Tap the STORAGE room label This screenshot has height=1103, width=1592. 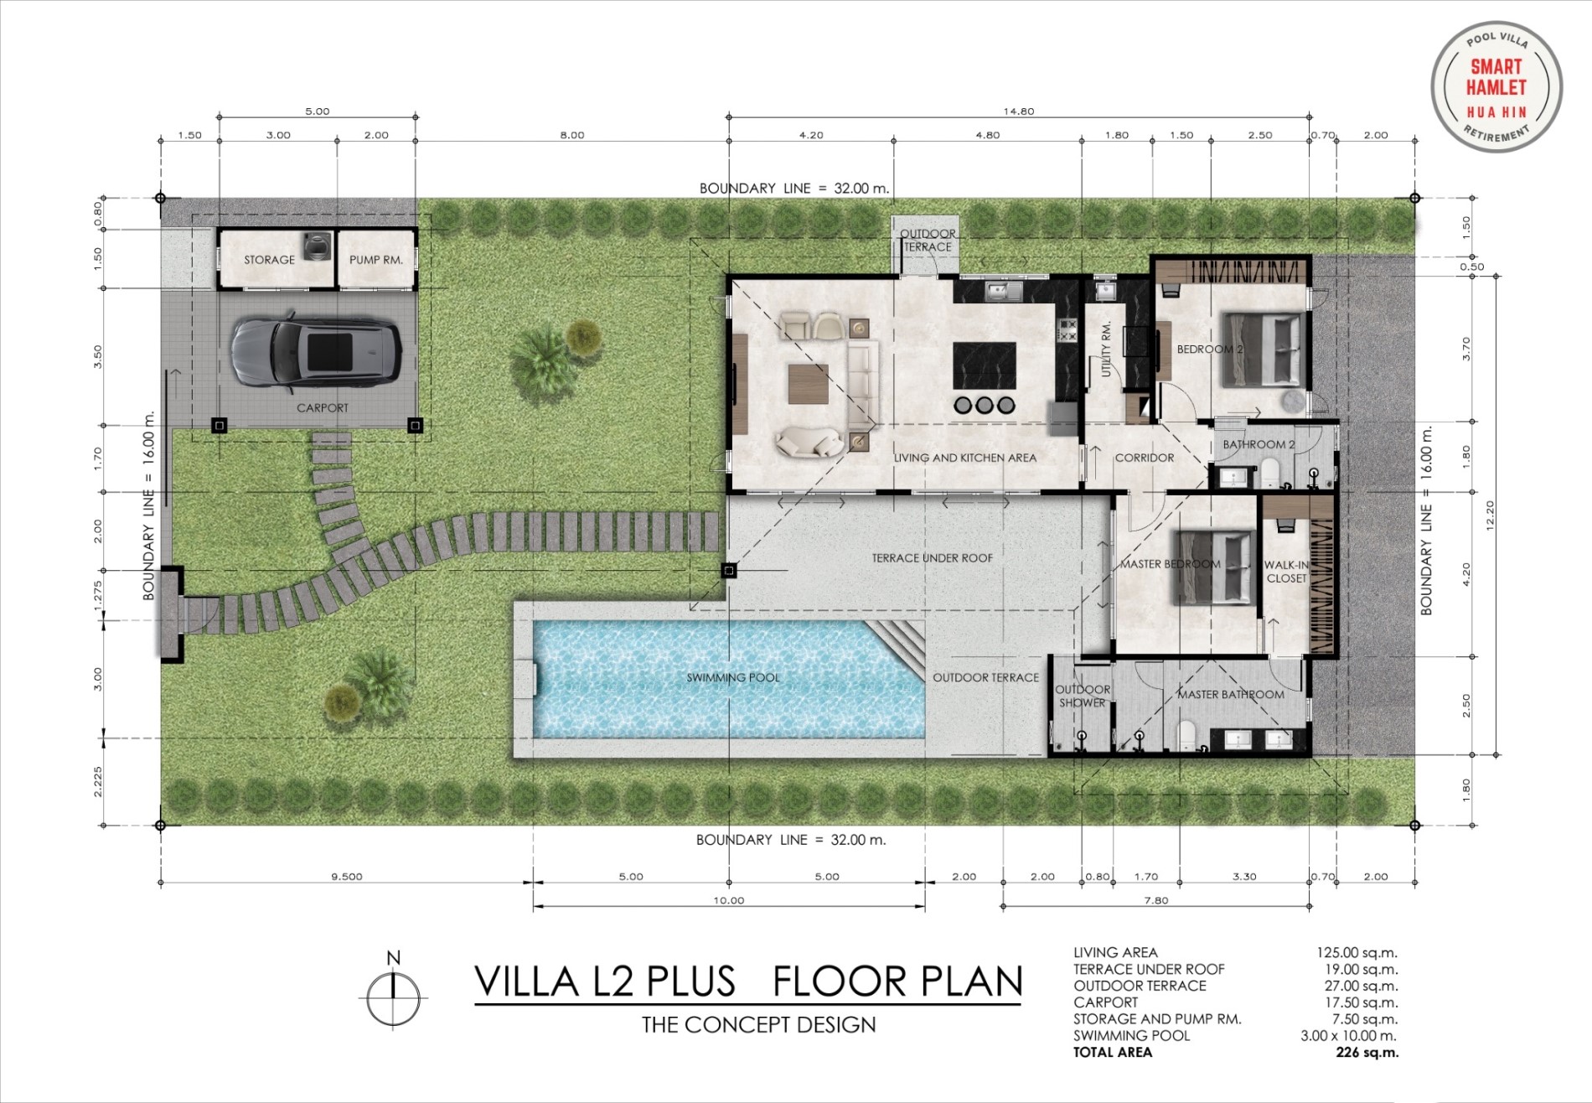click(269, 260)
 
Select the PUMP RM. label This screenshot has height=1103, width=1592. click(376, 260)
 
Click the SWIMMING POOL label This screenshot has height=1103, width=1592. click(733, 677)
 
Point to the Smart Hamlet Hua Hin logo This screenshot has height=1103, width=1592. click(1496, 87)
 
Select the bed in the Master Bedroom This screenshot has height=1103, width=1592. click(1213, 567)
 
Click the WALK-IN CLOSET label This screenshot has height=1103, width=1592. click(1286, 572)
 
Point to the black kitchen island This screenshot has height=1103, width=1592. click(985, 365)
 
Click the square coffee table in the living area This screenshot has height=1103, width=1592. click(808, 384)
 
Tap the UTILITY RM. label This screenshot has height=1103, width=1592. click(1106, 349)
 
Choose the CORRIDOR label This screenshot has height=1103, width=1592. click(1145, 458)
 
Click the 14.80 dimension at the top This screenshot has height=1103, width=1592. click(1019, 111)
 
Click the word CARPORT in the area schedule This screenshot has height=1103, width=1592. click(1106, 1002)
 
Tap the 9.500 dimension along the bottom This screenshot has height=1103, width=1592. click(346, 877)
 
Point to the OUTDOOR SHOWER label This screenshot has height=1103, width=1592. click(1083, 696)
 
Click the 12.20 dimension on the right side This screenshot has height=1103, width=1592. click(1490, 515)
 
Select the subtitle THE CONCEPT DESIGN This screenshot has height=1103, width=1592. click(759, 1024)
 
